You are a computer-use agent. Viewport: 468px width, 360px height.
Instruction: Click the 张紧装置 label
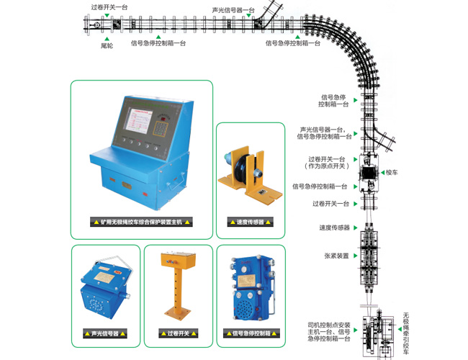(x=336, y=256)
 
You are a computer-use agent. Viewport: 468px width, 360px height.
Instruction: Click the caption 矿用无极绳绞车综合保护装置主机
(x=141, y=222)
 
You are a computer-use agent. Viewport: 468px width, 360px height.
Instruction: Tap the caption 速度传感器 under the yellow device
(x=249, y=222)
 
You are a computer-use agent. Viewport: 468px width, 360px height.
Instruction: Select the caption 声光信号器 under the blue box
(x=105, y=333)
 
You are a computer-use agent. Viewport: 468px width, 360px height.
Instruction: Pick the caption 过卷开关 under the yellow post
(x=177, y=333)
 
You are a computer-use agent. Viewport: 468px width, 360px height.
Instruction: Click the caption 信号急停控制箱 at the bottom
(x=251, y=333)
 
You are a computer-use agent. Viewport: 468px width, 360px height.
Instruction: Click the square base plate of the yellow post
(x=178, y=315)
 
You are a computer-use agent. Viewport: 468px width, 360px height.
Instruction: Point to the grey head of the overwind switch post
(x=178, y=258)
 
